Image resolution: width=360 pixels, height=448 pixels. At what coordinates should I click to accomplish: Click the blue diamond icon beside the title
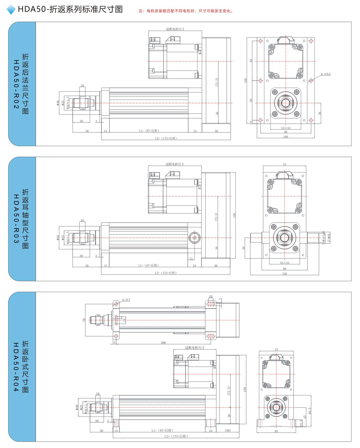[x=11, y=9]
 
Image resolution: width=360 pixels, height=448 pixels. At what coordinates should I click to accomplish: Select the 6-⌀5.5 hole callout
[x=326, y=74]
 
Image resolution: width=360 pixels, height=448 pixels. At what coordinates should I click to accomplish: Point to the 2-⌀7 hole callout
[x=126, y=300]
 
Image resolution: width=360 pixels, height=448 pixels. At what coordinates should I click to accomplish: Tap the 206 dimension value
[x=163, y=343]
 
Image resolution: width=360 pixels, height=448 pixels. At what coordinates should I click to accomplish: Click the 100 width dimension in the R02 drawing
[x=286, y=137]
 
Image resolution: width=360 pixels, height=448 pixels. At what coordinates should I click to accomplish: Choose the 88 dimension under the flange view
[x=286, y=132]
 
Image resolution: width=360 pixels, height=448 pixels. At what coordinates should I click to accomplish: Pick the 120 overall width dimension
[x=284, y=274]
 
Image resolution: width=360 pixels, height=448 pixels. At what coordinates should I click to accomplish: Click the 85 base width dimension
[x=276, y=431]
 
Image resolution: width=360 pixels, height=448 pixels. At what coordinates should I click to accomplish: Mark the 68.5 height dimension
[x=310, y=411]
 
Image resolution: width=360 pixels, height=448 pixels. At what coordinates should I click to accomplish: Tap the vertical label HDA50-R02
[x=16, y=84]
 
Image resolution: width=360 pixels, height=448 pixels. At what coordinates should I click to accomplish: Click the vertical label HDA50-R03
[x=16, y=219]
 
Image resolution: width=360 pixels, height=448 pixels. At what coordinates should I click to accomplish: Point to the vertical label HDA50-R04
[x=16, y=367]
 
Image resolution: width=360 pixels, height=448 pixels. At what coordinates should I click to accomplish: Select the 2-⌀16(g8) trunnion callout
[x=324, y=237]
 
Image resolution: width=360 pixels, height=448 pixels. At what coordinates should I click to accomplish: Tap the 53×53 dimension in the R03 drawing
[x=284, y=263]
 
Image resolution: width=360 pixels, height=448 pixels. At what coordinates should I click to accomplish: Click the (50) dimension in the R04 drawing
[x=228, y=430]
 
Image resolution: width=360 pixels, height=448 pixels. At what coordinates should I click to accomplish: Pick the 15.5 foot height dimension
[x=301, y=423]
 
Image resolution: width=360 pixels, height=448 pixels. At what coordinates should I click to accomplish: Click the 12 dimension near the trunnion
[x=191, y=259]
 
